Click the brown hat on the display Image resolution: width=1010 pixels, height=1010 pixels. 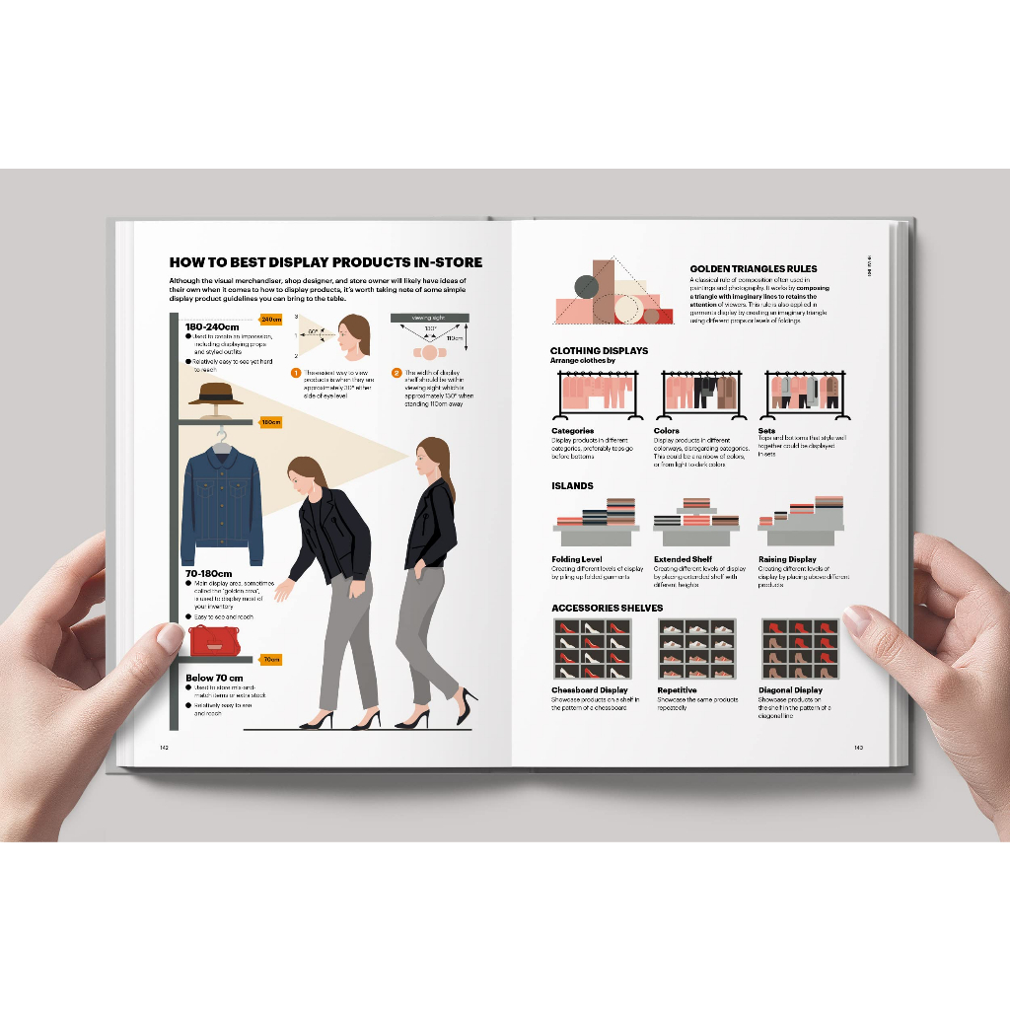click(x=216, y=394)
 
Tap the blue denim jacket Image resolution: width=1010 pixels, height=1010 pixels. click(x=222, y=503)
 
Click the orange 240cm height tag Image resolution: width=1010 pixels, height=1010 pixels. click(x=271, y=319)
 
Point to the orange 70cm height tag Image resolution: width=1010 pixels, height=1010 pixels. click(x=271, y=660)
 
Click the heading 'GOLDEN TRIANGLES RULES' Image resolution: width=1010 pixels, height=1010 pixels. click(x=754, y=268)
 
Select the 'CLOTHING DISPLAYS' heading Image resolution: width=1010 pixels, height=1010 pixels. click(x=599, y=350)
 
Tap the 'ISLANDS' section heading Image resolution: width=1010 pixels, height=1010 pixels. click(x=572, y=486)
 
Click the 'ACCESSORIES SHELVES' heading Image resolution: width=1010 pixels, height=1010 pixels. click(x=607, y=608)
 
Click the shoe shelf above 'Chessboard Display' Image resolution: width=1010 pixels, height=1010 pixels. click(x=591, y=648)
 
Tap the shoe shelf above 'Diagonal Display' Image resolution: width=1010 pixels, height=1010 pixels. click(x=800, y=648)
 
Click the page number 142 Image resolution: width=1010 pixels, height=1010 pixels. click(x=165, y=747)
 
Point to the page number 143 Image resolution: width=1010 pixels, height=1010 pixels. click(x=858, y=747)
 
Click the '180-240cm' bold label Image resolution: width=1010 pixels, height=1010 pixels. click(x=212, y=326)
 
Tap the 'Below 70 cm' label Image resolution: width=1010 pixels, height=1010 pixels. click(x=214, y=678)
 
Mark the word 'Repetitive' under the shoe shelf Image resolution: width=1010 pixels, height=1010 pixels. click(x=677, y=690)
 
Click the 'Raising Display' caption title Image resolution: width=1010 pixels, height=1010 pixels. click(x=787, y=559)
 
